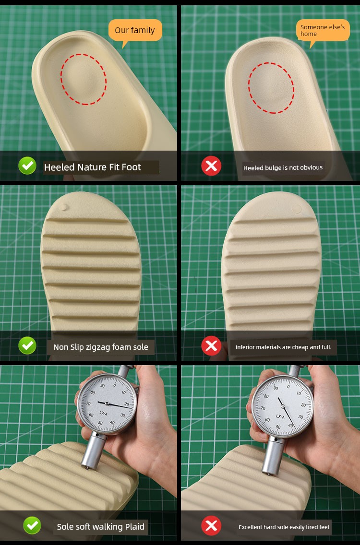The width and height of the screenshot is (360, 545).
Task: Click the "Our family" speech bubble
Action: coord(135,30)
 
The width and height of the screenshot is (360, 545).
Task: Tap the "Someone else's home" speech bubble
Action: coord(323,31)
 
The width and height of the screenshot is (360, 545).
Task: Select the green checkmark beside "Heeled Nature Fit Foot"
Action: coord(27,166)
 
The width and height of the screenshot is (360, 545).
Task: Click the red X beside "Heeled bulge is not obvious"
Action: coord(211,166)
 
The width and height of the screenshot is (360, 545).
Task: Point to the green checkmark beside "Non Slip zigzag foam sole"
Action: coord(27,345)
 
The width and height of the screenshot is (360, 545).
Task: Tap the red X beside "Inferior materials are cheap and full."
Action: coord(211,346)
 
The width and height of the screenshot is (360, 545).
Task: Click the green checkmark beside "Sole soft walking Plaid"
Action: coord(32,525)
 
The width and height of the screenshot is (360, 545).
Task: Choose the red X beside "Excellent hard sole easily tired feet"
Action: coord(211,526)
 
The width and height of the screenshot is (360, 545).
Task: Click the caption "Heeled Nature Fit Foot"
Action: coord(93,167)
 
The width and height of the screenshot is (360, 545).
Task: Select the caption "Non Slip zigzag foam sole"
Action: coord(100,347)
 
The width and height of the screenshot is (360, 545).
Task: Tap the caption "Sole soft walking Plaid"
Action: coord(100,527)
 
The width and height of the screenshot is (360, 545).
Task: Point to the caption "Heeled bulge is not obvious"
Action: coord(283,168)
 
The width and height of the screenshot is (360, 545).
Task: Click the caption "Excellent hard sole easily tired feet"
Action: coord(284,527)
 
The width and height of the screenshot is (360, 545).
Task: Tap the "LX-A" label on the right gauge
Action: coord(280,416)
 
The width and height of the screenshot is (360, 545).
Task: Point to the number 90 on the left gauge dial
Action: coord(103,386)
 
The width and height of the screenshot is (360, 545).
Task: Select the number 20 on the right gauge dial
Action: coord(303,405)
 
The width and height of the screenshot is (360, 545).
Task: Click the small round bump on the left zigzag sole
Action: coord(63,207)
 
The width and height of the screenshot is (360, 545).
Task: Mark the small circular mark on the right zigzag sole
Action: coord(296,209)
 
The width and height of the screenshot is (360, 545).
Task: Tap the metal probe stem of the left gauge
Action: coord(94,450)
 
